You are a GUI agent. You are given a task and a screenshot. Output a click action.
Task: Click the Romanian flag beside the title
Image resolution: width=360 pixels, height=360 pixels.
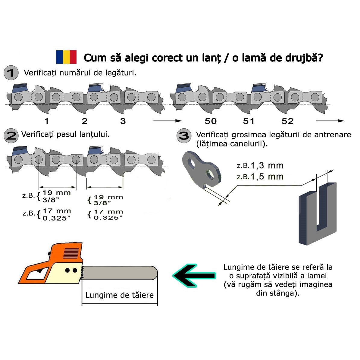click(x=66, y=57)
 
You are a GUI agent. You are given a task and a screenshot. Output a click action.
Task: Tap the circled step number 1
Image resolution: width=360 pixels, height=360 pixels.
click(x=11, y=73)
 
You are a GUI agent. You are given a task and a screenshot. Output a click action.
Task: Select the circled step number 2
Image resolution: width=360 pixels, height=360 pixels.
click(x=11, y=136)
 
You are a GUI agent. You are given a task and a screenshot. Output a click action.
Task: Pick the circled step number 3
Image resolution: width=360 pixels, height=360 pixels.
click(x=184, y=136)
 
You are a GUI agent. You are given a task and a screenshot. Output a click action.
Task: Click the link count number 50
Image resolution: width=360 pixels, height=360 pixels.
click(x=211, y=121)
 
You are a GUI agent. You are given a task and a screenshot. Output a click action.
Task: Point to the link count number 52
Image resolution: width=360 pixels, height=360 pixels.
click(x=287, y=121)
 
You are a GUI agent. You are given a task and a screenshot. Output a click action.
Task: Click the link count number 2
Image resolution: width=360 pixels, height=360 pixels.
click(x=84, y=121)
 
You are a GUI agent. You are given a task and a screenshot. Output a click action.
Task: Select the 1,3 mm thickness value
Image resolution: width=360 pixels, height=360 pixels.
click(x=267, y=165)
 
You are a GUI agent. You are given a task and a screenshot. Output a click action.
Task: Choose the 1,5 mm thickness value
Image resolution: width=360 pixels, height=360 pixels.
click(x=267, y=177)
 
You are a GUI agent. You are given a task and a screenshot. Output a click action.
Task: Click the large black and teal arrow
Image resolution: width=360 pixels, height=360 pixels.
click(x=194, y=276)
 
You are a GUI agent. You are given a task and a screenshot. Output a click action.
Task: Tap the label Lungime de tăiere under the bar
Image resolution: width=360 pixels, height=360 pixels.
click(x=119, y=295)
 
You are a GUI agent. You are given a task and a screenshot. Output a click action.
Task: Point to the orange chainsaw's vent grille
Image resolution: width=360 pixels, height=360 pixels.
click(x=71, y=253)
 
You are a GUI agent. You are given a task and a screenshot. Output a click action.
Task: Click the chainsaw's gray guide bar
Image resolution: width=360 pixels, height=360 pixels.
click(x=119, y=273)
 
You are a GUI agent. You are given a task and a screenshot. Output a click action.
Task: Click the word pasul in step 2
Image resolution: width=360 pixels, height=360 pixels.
click(x=67, y=135)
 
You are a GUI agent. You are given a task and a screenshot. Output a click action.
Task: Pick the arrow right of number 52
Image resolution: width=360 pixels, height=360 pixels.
click(x=330, y=121)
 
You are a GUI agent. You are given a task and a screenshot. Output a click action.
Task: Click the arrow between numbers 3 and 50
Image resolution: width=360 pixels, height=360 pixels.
click(x=167, y=121)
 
